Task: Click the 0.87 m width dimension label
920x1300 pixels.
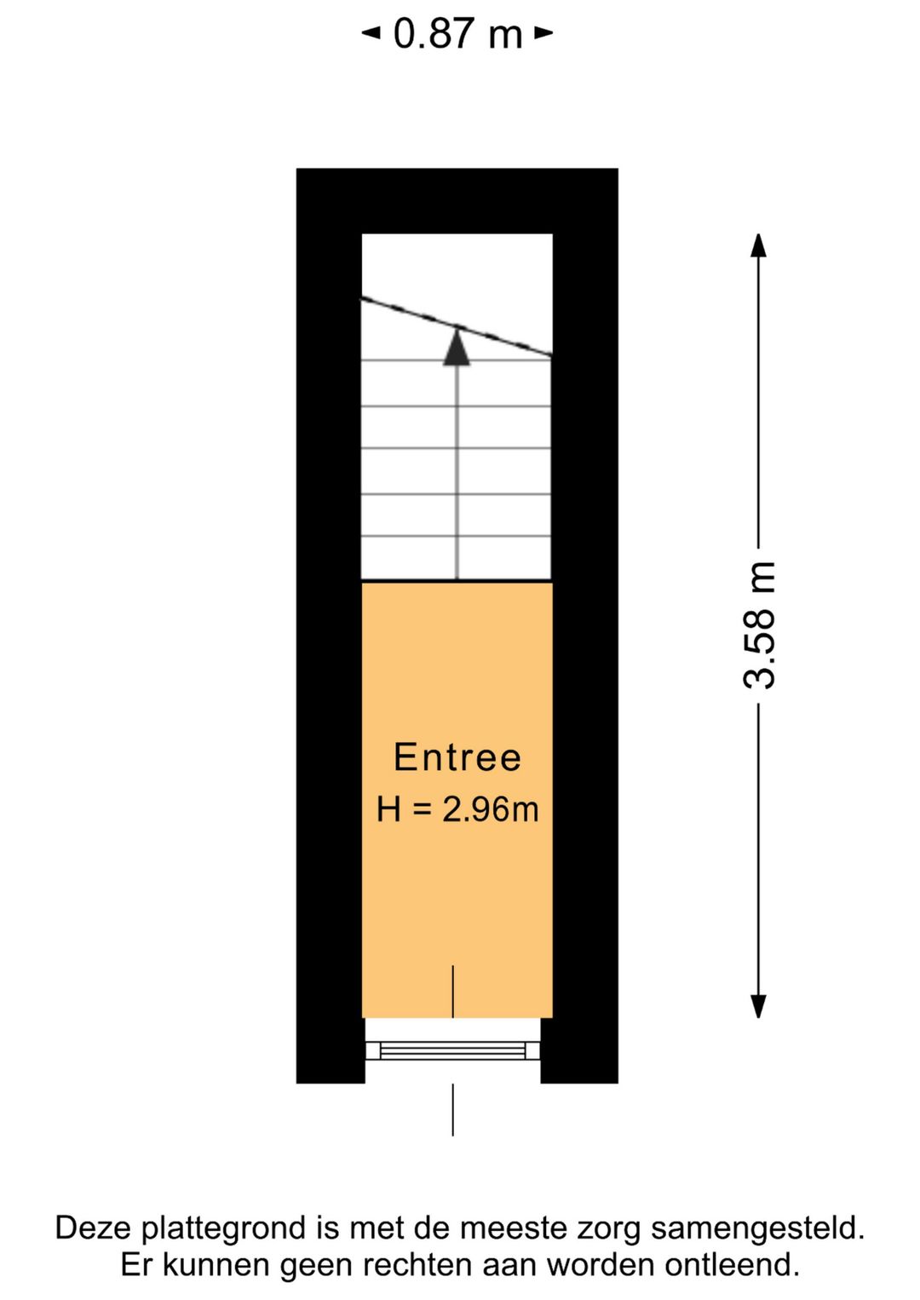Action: (458, 33)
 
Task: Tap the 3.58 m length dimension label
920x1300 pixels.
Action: (759, 625)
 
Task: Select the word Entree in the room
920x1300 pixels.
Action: (457, 757)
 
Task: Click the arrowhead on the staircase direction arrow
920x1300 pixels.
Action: (457, 348)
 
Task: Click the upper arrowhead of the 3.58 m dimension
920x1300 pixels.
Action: (759, 244)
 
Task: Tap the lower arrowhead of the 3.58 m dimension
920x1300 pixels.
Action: (759, 1006)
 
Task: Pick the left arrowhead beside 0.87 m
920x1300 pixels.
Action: (371, 33)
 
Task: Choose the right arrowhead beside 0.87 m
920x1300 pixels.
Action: (543, 33)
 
